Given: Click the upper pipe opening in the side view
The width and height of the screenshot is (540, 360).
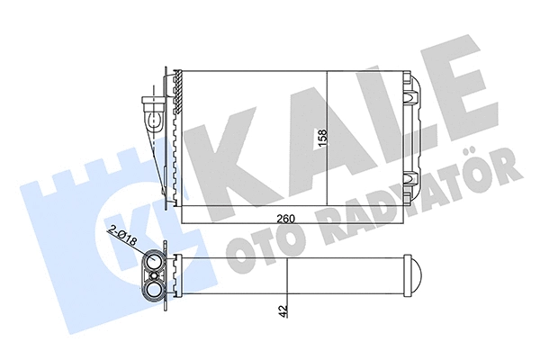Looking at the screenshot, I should tap(154, 262).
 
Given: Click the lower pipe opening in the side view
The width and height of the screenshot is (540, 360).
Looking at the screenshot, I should tap(154, 290).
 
